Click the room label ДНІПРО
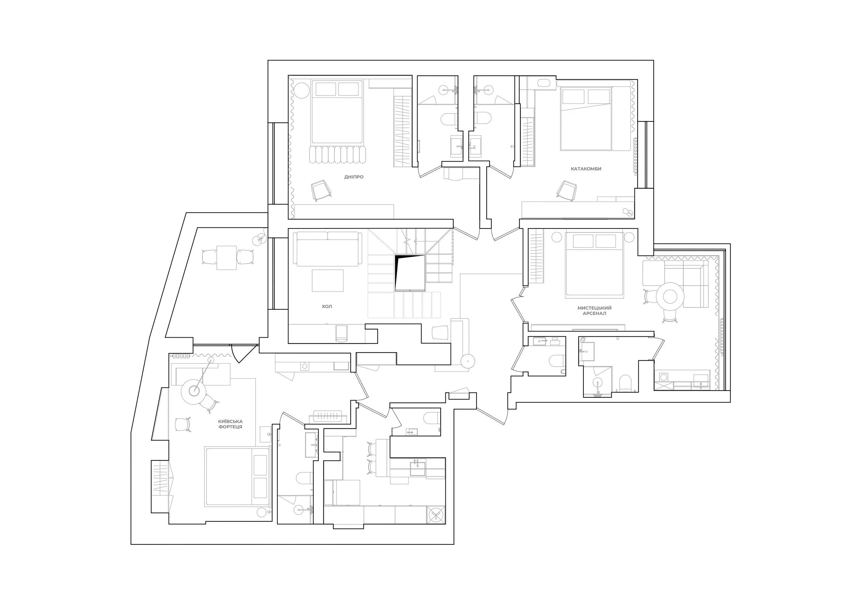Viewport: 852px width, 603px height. [354, 177]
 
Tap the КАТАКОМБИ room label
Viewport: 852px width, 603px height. [586, 168]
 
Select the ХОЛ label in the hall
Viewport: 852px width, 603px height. [327, 306]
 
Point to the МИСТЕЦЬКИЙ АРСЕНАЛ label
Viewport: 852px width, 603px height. [594, 310]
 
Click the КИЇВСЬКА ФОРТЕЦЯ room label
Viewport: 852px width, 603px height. [230, 424]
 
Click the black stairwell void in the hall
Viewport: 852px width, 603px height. [410, 273]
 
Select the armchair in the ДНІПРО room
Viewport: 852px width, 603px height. [321, 190]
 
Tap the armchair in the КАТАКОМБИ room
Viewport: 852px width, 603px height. [567, 191]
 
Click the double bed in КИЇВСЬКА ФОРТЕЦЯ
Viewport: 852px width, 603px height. [237, 476]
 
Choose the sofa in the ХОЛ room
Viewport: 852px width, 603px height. [328, 249]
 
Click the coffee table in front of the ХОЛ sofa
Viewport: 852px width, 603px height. [328, 280]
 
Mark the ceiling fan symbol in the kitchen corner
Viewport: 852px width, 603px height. [436, 515]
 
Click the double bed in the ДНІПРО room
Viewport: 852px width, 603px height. [337, 112]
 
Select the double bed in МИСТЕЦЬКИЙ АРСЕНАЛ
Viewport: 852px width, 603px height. [594, 264]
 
